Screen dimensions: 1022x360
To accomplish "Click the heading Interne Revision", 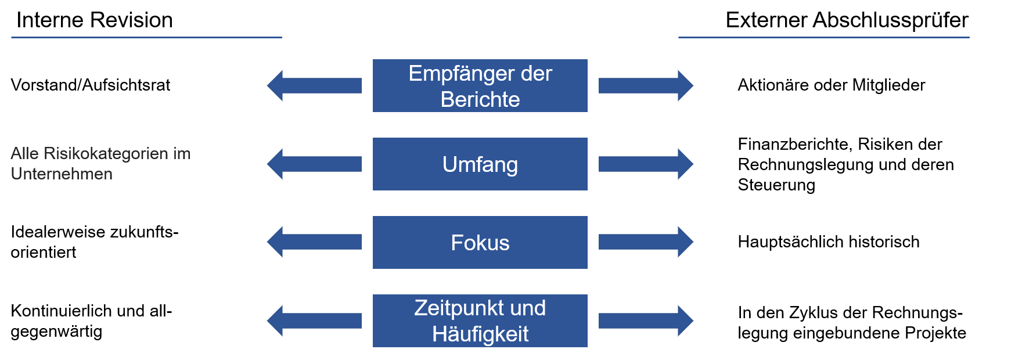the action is tap(95, 20).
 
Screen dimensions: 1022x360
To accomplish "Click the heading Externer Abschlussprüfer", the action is tap(847, 20).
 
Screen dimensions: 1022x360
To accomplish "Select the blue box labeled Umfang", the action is tap(480, 164).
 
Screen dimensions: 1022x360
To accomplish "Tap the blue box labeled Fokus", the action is tap(480, 242).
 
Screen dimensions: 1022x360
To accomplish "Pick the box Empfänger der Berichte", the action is tap(480, 85).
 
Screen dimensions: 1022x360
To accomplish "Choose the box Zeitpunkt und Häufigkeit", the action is tap(480, 321).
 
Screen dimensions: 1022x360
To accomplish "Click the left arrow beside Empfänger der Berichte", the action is tap(314, 85).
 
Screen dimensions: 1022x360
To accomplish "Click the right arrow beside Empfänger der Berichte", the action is tap(646, 85).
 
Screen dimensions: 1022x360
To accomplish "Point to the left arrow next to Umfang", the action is tap(314, 164).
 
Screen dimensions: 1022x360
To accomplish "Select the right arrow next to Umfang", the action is tap(646, 164).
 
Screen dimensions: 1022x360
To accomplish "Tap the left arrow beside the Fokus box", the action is tap(314, 242).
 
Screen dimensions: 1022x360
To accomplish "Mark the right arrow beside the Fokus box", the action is tap(646, 242).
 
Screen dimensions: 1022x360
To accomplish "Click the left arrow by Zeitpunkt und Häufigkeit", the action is tap(314, 321).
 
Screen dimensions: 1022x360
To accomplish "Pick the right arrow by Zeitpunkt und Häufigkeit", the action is tap(646, 321).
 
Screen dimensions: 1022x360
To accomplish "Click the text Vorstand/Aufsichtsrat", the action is tap(91, 85).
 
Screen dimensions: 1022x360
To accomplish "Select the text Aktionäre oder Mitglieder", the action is tap(831, 85).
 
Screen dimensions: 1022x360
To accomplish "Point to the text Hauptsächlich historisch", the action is tap(829, 242).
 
